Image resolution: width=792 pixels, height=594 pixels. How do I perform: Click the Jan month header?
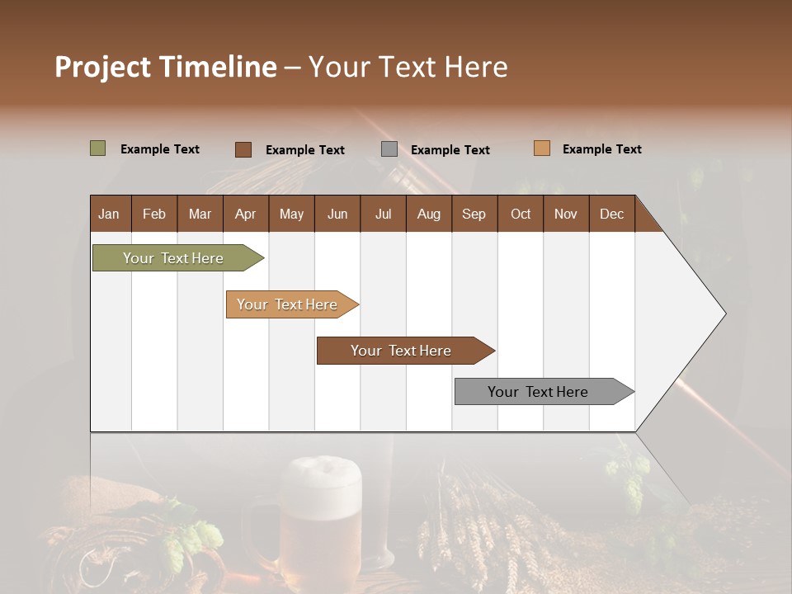pos(109,214)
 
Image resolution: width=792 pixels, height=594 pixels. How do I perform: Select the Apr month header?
pos(245,214)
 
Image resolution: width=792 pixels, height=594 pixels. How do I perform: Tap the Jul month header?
pos(383,214)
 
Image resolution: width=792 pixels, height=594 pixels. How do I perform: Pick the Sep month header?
pos(474,214)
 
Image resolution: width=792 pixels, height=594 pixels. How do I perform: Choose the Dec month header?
pos(611,214)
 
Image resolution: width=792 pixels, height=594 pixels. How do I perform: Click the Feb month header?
pos(154,214)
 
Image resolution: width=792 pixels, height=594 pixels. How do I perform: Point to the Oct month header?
pos(521,214)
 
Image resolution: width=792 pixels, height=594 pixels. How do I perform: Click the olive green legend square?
pos(97,148)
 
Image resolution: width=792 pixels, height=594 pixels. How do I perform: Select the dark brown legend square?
pos(243,149)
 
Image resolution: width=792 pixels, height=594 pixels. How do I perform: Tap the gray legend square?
pos(389,149)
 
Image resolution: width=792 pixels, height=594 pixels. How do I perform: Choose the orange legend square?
pos(541,148)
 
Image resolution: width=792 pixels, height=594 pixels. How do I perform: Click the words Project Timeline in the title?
pos(165,67)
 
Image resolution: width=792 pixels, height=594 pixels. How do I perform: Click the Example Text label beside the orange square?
pos(601,149)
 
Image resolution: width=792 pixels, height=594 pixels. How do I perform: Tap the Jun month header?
pos(337,214)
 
